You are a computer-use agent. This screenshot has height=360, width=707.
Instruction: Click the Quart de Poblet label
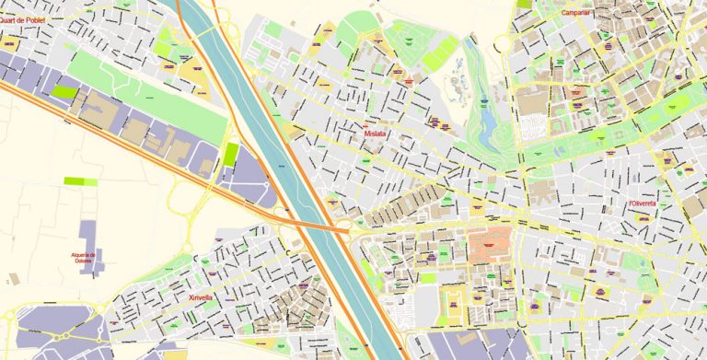[21, 18]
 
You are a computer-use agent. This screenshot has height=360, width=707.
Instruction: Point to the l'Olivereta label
[641, 203]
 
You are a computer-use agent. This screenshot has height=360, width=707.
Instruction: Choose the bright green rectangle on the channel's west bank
[231, 154]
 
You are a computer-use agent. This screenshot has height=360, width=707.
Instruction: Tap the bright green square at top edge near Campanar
[524, 4]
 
